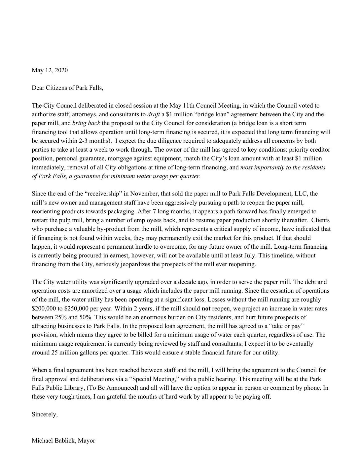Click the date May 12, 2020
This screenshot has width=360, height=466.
point(50,70)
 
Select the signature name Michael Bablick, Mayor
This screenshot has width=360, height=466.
point(63,441)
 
